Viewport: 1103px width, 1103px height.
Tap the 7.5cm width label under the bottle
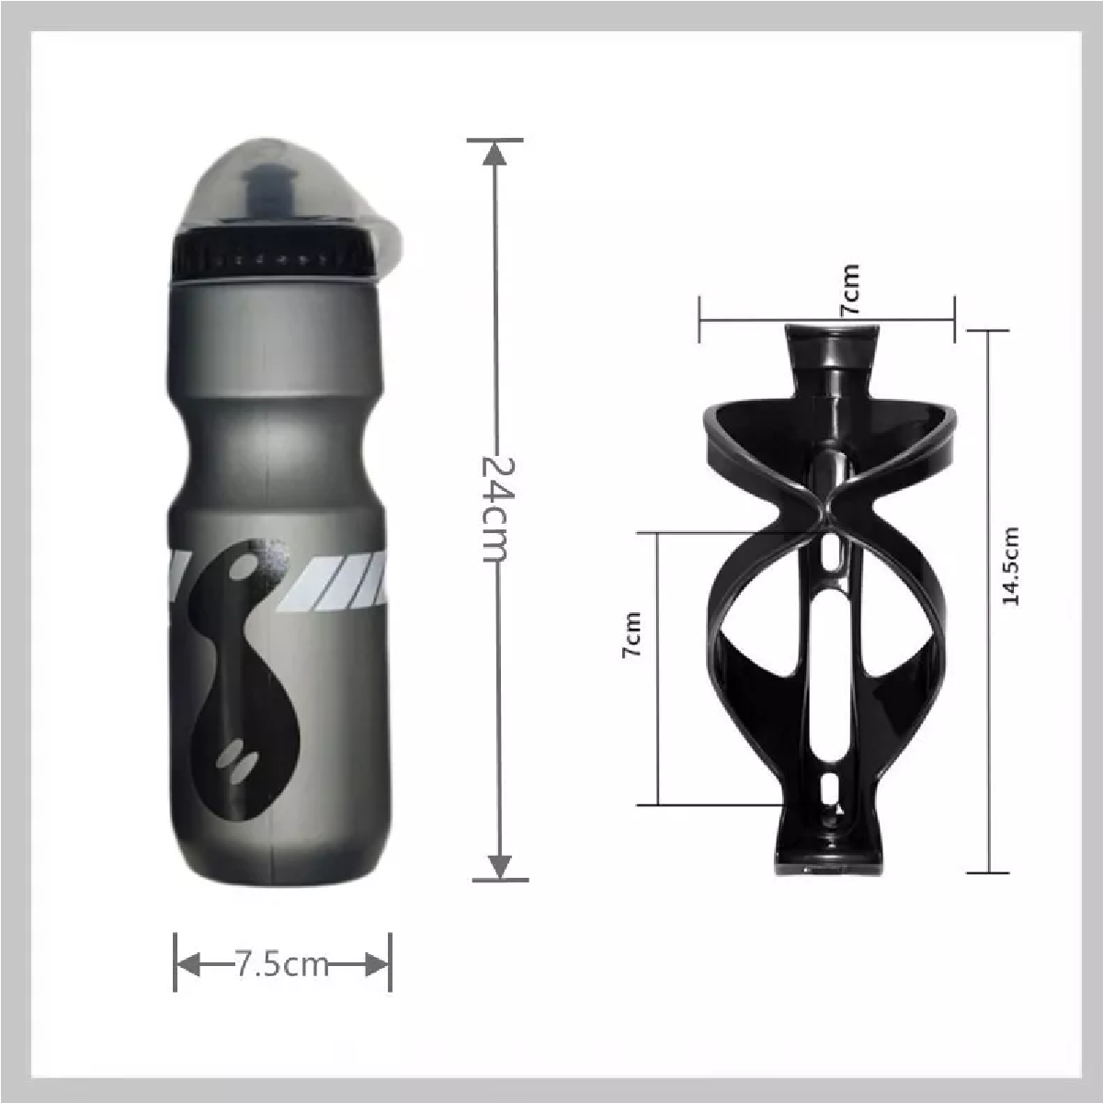[282, 964]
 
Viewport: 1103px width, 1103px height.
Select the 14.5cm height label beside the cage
[1011, 565]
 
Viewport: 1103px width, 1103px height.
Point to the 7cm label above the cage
[850, 290]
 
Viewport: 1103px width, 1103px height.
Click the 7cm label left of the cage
[631, 634]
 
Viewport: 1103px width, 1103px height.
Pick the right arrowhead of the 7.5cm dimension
[378, 964]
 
